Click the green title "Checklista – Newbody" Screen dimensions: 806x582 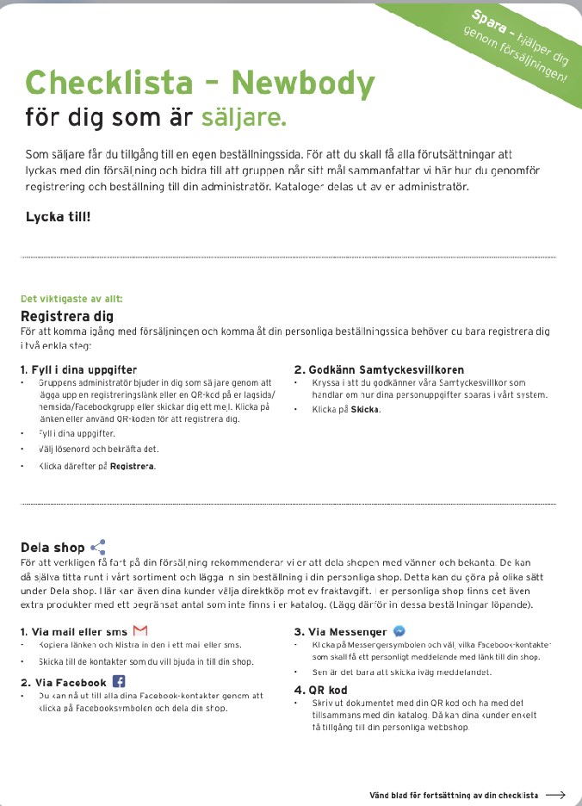tap(200, 84)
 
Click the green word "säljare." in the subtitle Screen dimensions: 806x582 tap(244, 116)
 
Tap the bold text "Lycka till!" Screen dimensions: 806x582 tap(58, 216)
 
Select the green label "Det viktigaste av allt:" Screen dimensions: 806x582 tap(71, 300)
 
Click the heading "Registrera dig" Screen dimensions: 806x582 tap(67, 316)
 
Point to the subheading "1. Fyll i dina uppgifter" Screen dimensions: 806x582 tap(78, 369)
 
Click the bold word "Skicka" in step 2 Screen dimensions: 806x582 tap(365, 410)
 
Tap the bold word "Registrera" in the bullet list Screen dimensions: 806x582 tap(133, 466)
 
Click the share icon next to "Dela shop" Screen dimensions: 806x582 tap(98, 547)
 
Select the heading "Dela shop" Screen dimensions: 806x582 tap(53, 548)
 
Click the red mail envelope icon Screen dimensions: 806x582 tap(140, 632)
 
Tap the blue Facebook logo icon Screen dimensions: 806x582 tap(119, 682)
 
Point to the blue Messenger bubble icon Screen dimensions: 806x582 tap(399, 631)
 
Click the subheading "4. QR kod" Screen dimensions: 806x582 tap(320, 690)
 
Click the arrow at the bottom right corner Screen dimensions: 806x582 tap(555, 795)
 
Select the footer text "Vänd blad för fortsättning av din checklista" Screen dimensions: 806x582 tap(454, 795)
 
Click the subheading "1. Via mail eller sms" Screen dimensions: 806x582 tap(74, 632)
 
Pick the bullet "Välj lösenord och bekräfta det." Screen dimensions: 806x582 tap(99, 449)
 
